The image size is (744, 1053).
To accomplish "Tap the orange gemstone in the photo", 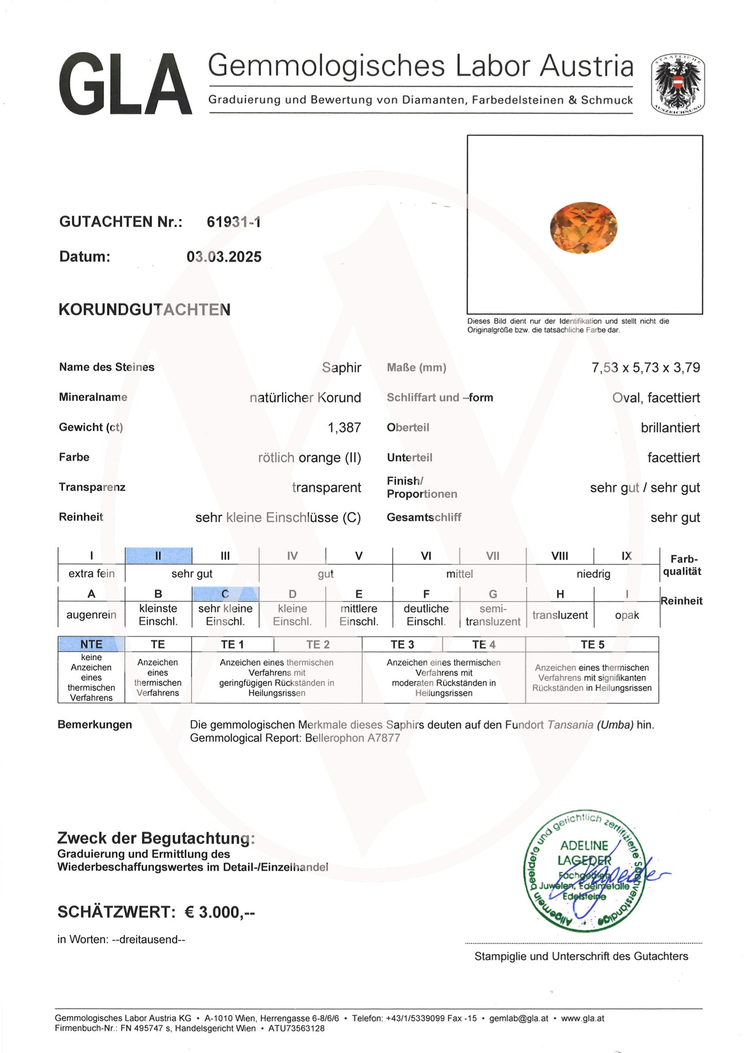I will tap(583, 227).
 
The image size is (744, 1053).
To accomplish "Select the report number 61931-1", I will tap(234, 222).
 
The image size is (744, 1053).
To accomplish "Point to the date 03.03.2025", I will tap(224, 257).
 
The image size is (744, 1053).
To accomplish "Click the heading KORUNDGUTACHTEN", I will tap(145, 310).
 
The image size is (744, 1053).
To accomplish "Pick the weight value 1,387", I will tap(344, 428).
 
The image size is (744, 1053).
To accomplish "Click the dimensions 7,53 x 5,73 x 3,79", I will tap(646, 368).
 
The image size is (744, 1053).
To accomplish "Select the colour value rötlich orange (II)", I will tap(309, 457).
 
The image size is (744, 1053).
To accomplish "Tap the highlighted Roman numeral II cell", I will tap(159, 556).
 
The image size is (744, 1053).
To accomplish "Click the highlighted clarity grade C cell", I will tap(225, 594).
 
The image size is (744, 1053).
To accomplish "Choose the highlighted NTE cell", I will tap(91, 644).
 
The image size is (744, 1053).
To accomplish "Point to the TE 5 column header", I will tap(592, 644).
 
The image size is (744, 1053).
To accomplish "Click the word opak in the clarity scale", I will tap(627, 615).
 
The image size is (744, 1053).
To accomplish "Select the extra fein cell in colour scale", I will tap(92, 573).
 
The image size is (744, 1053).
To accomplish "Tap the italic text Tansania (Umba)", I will tap(590, 725).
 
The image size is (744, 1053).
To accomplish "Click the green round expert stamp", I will tap(584, 872).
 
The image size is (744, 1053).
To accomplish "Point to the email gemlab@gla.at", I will tap(518, 1018).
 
